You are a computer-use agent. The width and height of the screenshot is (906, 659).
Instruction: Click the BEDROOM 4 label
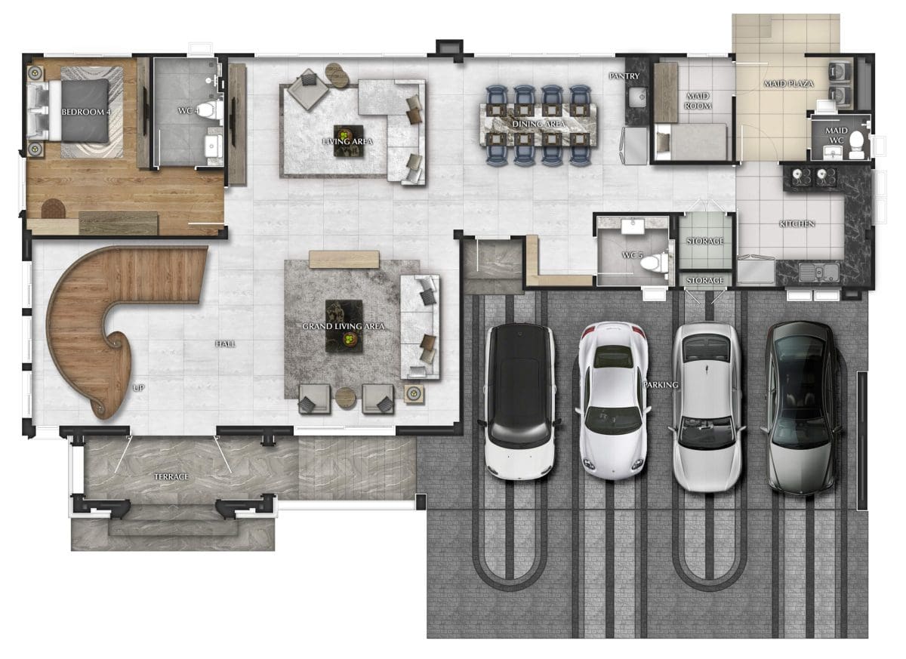point(86,112)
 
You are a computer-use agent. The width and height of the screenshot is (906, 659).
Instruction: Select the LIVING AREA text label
point(347,141)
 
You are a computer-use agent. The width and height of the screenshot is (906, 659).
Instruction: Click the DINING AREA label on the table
point(538,124)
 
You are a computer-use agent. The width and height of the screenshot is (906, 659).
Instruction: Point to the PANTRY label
point(624,76)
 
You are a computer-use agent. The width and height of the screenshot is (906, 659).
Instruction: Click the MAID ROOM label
point(698,100)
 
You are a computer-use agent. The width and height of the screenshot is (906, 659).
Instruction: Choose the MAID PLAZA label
point(789,84)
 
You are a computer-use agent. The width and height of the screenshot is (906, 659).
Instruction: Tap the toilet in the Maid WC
point(856,143)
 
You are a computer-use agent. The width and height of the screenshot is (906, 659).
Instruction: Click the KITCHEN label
point(797,223)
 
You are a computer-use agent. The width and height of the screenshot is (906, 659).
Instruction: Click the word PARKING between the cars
point(661,384)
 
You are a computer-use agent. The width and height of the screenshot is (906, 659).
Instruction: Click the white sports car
point(613,399)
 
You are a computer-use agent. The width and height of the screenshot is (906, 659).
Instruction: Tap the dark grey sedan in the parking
point(802,408)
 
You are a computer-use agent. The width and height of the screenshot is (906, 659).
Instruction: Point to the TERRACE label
point(171,477)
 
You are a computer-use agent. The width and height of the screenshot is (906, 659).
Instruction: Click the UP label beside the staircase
point(139,388)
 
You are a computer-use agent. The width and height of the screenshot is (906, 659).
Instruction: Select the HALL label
point(225,344)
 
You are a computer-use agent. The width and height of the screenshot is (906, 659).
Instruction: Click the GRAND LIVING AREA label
point(344,326)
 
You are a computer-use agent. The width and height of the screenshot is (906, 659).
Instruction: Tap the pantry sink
point(638,97)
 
